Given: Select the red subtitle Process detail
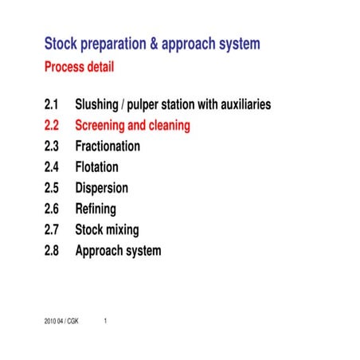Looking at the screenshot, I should point(79,67).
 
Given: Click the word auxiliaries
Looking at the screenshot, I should point(244,104).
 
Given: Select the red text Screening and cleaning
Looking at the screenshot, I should point(132,125).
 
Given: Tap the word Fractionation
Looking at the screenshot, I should point(108,147).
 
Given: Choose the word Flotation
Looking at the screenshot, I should point(96,167).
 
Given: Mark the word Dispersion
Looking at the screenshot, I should point(101,189).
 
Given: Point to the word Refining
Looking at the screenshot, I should point(96,209).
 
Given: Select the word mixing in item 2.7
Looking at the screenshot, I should point(123,230).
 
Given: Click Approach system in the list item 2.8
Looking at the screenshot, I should point(118,251).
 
